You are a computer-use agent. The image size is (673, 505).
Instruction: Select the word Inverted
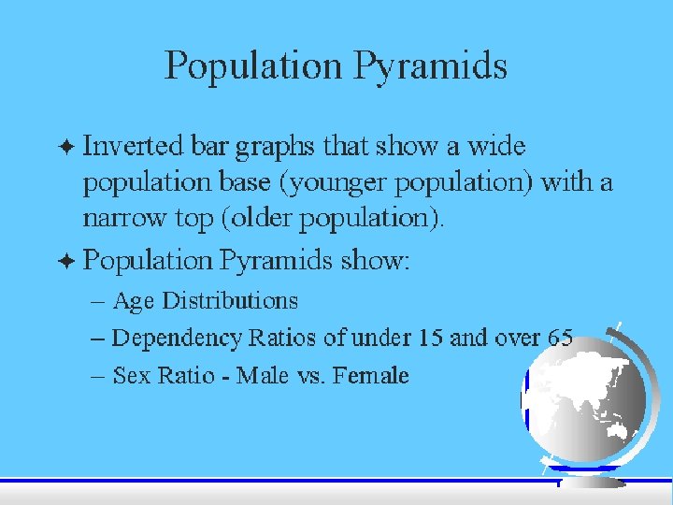tap(133, 145)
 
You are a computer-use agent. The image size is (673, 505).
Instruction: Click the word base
tap(245, 181)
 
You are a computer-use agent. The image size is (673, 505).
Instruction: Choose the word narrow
tap(123, 218)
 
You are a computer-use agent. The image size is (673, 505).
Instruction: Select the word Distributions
tap(230, 300)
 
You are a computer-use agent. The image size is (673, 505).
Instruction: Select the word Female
tap(370, 375)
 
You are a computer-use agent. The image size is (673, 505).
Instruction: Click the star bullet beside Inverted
tap(66, 147)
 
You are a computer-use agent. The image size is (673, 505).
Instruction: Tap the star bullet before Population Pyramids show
tap(66, 261)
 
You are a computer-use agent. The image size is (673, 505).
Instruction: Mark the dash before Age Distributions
tap(98, 302)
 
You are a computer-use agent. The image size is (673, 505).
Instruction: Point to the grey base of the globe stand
tap(593, 483)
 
